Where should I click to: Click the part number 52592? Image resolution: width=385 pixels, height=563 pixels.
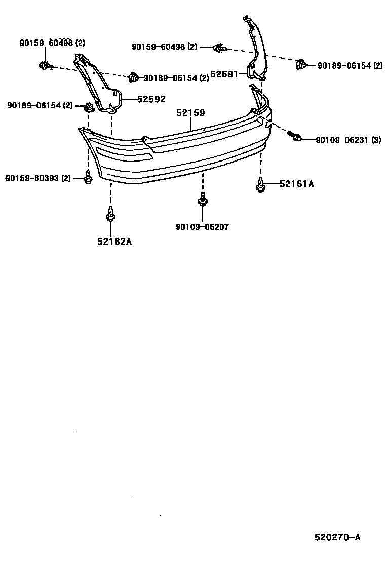pyautogui.click(x=151, y=99)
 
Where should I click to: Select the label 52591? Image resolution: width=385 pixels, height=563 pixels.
pyautogui.click(x=224, y=74)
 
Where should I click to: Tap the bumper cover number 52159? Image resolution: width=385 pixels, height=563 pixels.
pyautogui.click(x=190, y=114)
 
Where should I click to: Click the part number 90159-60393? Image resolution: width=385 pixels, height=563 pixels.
pyautogui.click(x=31, y=178)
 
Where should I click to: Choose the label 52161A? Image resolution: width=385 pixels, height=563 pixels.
pyautogui.click(x=296, y=184)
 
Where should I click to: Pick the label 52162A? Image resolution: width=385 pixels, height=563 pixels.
pyautogui.click(x=114, y=242)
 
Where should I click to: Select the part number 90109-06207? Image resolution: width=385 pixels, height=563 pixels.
pyautogui.click(x=202, y=227)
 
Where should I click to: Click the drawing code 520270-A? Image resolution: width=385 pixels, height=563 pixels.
pyautogui.click(x=337, y=537)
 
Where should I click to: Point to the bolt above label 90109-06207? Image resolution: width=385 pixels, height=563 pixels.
pyautogui.click(x=202, y=199)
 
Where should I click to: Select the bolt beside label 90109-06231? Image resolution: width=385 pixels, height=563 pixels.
pyautogui.click(x=295, y=136)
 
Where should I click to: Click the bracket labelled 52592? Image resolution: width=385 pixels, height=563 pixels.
pyautogui.click(x=99, y=86)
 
